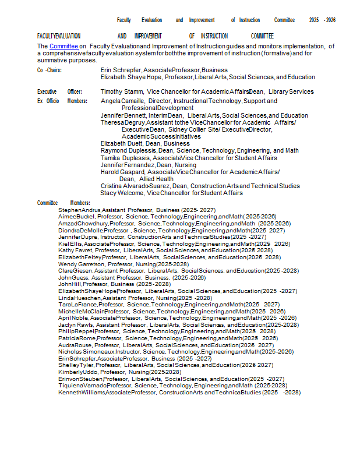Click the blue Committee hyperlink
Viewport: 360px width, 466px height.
click(x=63, y=46)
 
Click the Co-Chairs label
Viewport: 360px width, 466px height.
click(x=50, y=70)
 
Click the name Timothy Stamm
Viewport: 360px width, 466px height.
click(x=122, y=91)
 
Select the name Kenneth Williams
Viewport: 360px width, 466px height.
click(x=81, y=393)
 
